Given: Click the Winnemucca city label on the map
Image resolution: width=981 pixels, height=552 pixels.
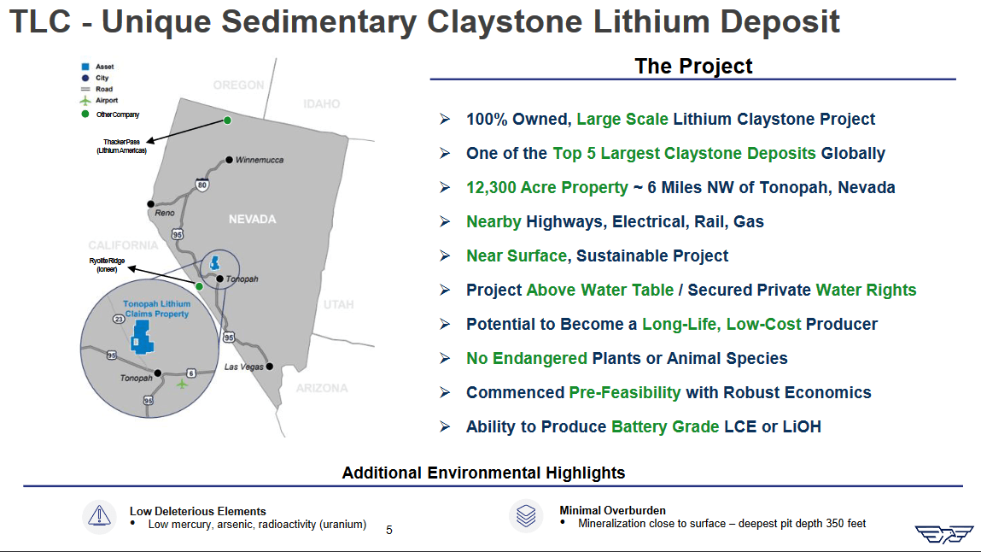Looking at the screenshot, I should coord(260,160).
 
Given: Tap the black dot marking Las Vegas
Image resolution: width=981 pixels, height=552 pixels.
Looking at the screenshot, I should coord(270,367).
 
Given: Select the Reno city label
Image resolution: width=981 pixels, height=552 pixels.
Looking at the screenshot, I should coord(165,213).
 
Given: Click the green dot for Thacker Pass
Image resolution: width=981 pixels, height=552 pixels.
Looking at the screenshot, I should coord(228,120).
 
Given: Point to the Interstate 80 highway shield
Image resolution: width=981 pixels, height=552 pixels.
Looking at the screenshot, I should coord(201,184).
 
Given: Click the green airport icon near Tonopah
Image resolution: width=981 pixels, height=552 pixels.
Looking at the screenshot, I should coord(182,384).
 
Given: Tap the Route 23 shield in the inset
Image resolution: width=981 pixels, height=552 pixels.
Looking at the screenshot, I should coord(119,319).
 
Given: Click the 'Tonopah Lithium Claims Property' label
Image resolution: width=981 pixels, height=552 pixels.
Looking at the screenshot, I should coord(157,308).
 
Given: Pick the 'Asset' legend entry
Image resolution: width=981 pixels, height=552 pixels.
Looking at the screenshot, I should coord(104,67).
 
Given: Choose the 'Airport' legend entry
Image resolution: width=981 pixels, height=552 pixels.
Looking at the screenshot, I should coord(107,100).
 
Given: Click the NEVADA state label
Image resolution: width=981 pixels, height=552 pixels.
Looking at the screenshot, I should coord(252,220).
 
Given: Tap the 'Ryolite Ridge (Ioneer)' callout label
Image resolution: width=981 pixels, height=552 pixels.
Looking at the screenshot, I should coord(107,264).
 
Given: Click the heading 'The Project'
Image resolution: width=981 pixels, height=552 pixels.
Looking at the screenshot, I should coord(693,66).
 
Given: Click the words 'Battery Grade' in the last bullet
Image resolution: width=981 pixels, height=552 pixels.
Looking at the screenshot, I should coord(665,426).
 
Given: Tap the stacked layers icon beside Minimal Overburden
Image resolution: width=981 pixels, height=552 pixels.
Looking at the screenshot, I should coord(526,515).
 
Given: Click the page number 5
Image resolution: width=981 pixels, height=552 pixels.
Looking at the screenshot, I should coord(389,530).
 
